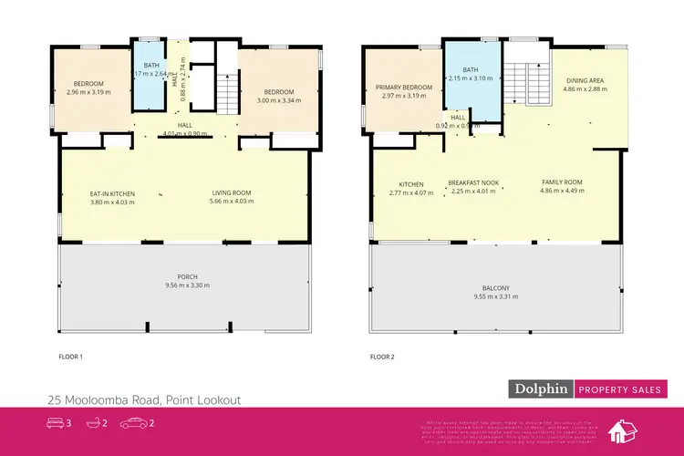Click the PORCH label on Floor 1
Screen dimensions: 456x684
pyautogui.click(x=189, y=276)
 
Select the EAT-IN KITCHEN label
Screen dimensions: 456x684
pyautogui.click(x=112, y=193)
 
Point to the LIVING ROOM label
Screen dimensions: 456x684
pyautogui.click(x=232, y=193)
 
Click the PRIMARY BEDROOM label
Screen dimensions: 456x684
pyautogui.click(x=402, y=88)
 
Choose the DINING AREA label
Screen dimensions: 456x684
pyautogui.click(x=584, y=81)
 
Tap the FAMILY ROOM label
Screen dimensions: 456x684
pyautogui.click(x=561, y=181)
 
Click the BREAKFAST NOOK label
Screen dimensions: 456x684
pyautogui.click(x=472, y=182)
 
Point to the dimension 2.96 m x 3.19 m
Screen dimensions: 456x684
pyautogui.click(x=88, y=91)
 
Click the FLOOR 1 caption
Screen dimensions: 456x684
pyautogui.click(x=70, y=357)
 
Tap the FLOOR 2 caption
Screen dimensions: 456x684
pyautogui.click(x=382, y=357)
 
